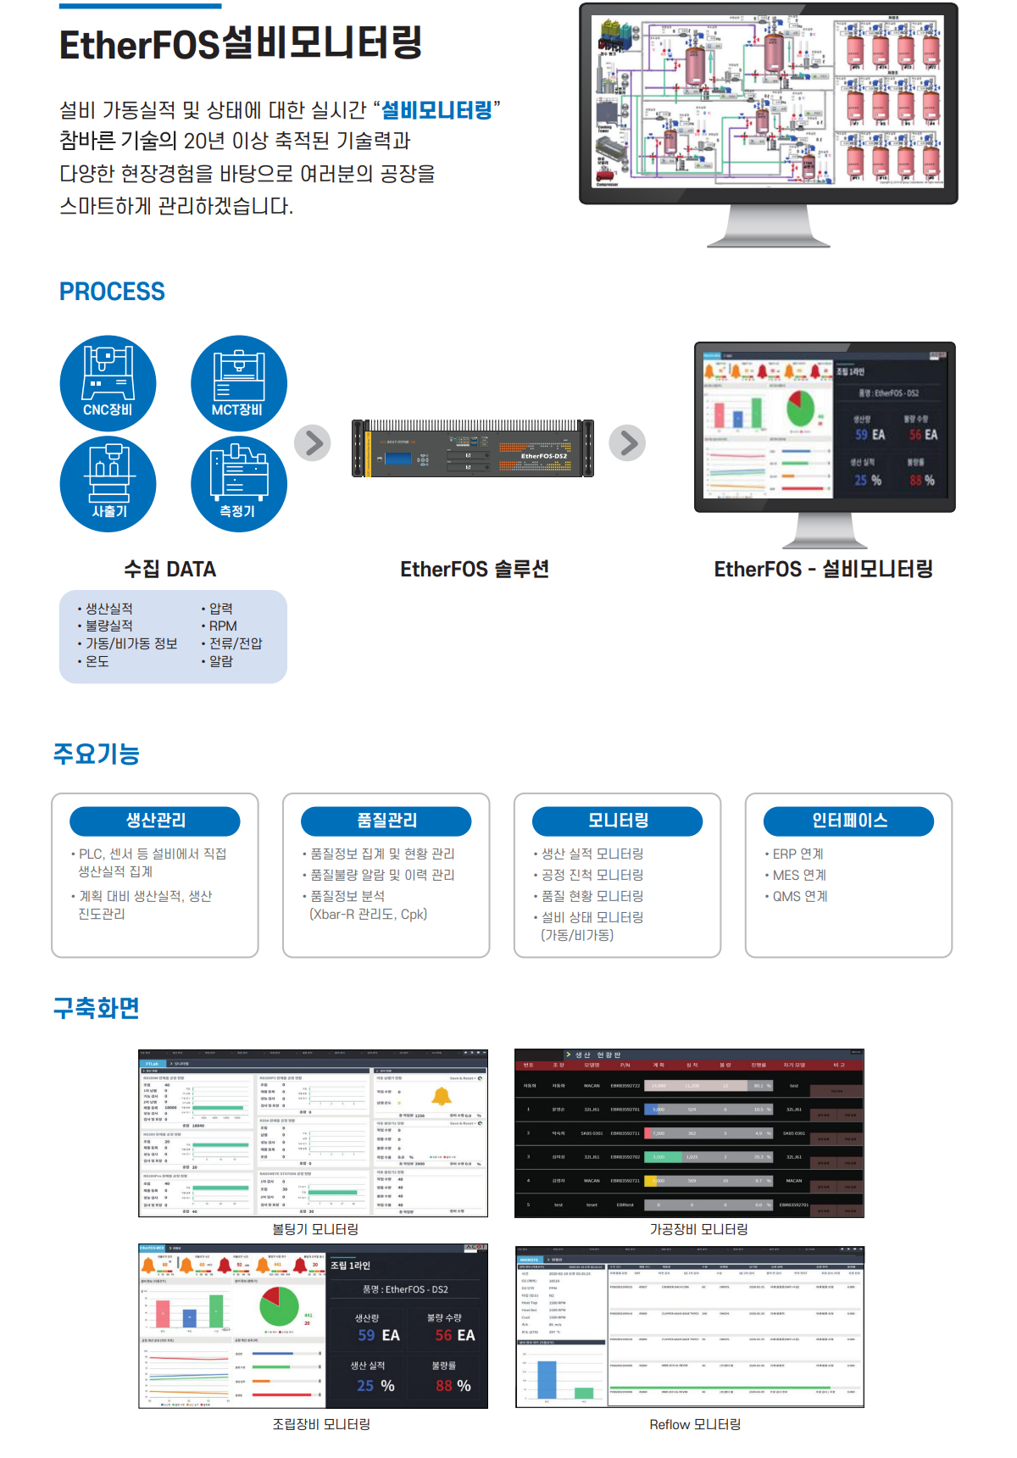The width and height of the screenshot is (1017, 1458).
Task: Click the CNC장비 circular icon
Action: point(108,383)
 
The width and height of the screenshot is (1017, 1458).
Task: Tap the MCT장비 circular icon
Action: point(239,383)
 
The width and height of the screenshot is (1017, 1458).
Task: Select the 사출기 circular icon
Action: point(108,483)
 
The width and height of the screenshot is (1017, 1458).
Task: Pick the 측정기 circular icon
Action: point(239,483)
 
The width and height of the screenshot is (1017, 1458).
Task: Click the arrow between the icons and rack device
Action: point(313,442)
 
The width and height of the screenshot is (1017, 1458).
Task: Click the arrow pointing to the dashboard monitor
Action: point(628,442)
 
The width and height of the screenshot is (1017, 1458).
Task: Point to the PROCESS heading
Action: point(112,292)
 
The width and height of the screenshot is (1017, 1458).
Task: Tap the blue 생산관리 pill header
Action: point(155,821)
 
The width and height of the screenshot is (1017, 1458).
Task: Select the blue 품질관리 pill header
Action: point(386,821)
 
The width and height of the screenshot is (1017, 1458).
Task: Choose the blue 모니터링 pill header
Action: point(618,821)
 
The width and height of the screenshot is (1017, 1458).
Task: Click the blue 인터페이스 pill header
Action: point(849,821)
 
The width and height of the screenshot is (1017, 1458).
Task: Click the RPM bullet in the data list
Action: point(223,626)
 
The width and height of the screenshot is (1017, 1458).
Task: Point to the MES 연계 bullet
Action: point(799,875)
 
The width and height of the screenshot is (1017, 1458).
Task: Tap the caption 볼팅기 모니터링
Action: point(315,1229)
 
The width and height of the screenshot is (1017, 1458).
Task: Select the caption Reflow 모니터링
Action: point(695,1424)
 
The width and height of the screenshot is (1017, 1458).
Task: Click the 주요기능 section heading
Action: point(97,754)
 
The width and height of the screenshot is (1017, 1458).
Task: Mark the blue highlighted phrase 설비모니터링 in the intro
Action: point(436,110)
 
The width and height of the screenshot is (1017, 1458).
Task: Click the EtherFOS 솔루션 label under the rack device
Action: point(475,569)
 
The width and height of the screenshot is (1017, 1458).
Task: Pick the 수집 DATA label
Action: point(170,569)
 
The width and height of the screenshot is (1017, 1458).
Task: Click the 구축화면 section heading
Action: point(97,1008)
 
